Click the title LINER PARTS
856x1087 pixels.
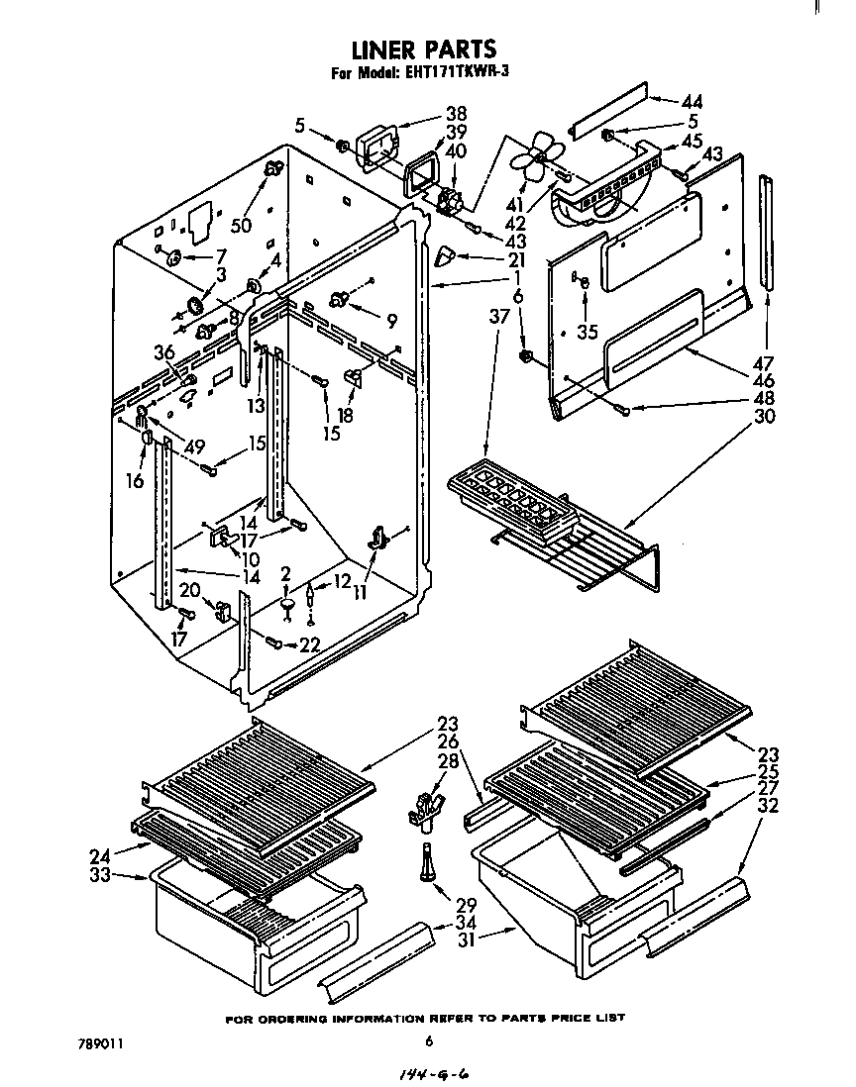(x=425, y=49)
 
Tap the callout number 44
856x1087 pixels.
(x=693, y=101)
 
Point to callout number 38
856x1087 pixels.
(x=456, y=113)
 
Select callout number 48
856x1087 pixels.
(x=764, y=398)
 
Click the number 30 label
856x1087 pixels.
(x=764, y=416)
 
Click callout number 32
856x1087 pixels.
(x=767, y=806)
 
